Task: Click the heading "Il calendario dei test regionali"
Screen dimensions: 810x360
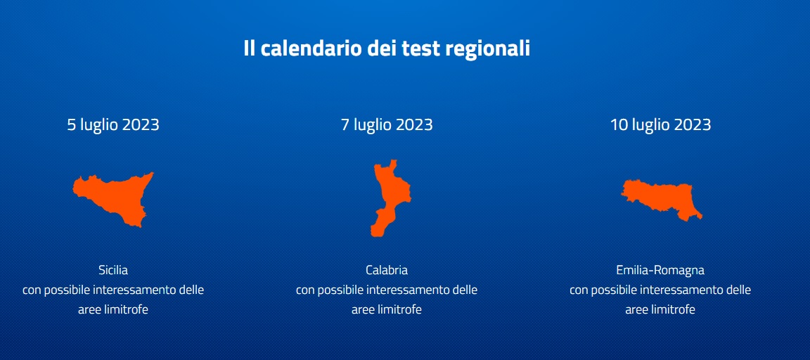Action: point(387,49)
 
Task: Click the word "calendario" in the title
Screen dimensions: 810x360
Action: point(311,49)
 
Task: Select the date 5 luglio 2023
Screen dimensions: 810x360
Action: point(113,125)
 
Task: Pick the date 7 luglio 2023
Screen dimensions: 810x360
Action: point(387,125)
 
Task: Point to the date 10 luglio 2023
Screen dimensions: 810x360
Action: point(660,125)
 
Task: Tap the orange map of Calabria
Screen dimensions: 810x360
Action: point(390,198)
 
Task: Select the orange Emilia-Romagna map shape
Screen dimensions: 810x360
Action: point(661,200)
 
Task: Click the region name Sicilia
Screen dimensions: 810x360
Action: point(113,270)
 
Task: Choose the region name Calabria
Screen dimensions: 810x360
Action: point(387,270)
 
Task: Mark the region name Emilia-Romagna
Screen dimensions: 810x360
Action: point(660,270)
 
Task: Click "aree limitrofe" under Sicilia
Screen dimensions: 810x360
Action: point(113,309)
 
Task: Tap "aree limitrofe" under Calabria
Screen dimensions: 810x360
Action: point(387,309)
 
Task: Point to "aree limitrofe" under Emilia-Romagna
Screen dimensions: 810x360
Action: point(660,309)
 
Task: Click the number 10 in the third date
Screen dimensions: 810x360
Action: point(618,125)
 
